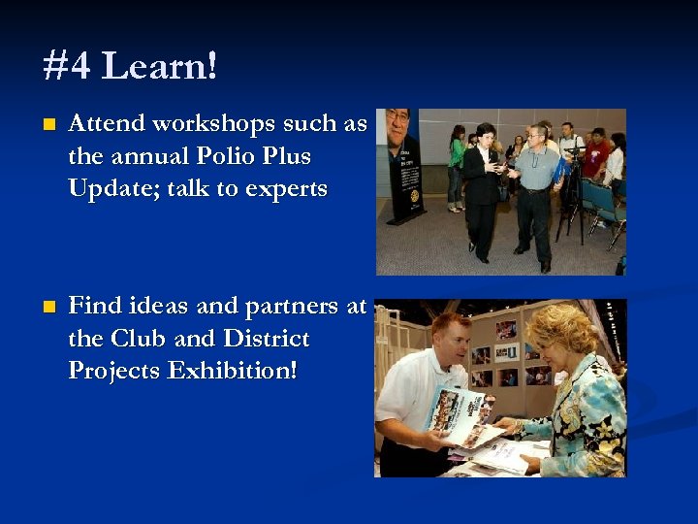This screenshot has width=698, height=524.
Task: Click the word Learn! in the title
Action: click(160, 67)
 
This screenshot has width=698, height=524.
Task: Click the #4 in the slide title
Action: click(68, 67)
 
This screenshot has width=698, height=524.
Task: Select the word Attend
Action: click(106, 124)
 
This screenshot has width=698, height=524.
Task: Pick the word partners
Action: click(292, 308)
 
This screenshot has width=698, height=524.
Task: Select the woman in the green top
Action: click(457, 165)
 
